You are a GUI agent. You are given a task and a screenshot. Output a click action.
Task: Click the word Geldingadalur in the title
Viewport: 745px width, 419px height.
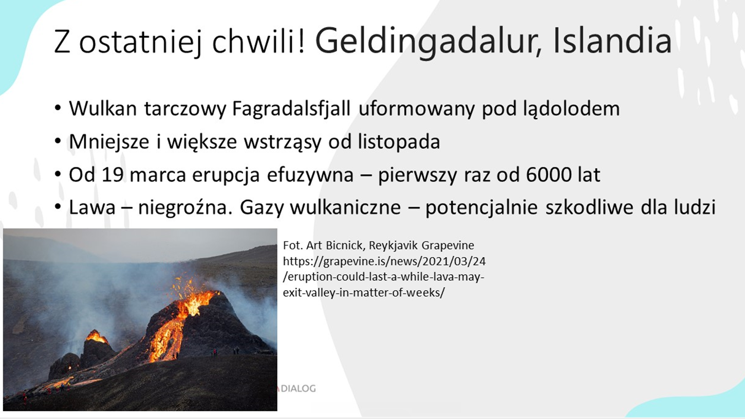click(429, 42)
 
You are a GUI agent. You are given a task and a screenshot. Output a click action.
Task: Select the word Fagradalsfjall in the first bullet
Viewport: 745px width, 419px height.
click(291, 109)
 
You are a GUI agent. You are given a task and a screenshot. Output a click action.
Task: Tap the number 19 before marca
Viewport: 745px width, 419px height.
click(113, 175)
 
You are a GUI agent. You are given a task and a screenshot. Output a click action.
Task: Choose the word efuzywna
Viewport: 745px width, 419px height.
click(310, 176)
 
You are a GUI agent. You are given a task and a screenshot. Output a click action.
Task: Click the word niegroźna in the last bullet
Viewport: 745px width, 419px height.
click(184, 208)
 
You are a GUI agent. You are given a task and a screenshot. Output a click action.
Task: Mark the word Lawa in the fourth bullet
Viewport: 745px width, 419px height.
click(92, 207)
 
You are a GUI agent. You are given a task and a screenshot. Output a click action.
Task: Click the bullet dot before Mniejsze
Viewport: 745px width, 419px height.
click(58, 141)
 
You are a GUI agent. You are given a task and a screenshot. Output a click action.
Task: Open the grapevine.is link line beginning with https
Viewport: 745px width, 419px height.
click(384, 261)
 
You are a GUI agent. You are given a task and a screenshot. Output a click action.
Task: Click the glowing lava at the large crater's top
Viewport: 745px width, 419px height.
click(195, 301)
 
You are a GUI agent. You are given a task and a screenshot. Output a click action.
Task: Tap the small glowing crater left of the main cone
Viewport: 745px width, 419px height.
click(97, 337)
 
